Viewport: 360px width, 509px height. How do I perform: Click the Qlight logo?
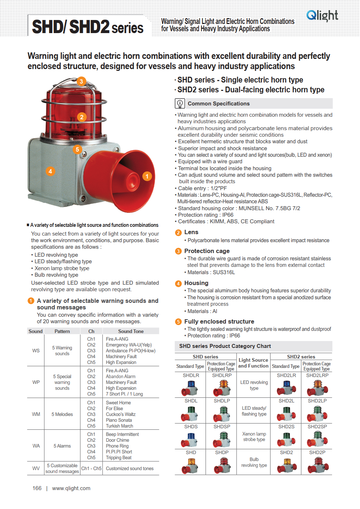[x=322, y=16]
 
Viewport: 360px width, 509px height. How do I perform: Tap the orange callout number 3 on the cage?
[x=81, y=81]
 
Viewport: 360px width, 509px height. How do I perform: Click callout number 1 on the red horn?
[x=147, y=176]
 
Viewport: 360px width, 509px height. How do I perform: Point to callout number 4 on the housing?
[x=50, y=171]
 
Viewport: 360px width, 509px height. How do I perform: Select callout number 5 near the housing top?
[x=77, y=149]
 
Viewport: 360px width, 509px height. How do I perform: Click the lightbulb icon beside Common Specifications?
[x=180, y=104]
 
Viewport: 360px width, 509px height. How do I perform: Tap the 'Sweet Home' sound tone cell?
[x=118, y=403]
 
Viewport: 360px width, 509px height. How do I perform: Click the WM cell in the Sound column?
[x=36, y=414]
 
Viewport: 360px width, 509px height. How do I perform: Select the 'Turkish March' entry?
[x=120, y=426]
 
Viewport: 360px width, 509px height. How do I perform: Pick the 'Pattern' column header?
[x=62, y=331]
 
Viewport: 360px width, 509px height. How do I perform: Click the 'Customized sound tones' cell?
[x=130, y=468]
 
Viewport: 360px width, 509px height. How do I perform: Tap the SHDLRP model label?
[x=222, y=375]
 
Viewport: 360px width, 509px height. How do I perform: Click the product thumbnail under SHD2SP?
[x=317, y=439]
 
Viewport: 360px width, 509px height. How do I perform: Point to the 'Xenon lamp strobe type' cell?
[x=254, y=437]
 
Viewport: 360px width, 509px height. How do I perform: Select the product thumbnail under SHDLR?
[x=190, y=388]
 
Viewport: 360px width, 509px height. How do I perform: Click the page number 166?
[x=37, y=488]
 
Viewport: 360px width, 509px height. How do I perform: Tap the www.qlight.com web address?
[x=71, y=488]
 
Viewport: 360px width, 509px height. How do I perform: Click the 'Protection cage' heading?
[x=207, y=251]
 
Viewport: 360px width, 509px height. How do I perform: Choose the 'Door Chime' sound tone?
[x=117, y=440]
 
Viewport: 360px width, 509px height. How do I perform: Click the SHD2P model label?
[x=317, y=452]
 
